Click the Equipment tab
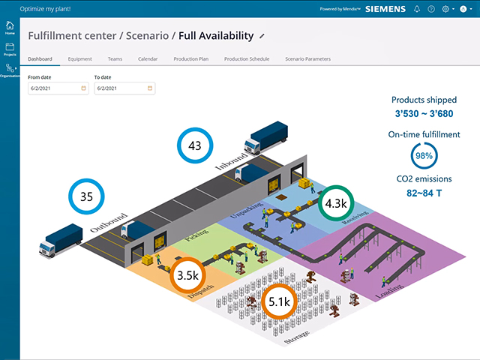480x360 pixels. pyautogui.click(x=79, y=58)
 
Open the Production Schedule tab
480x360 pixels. pyautogui.click(x=246, y=58)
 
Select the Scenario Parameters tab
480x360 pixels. pyautogui.click(x=307, y=58)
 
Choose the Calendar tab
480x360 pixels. pyautogui.click(x=148, y=58)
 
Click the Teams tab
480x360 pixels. pyautogui.click(x=115, y=58)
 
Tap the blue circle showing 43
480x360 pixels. pyautogui.click(x=195, y=145)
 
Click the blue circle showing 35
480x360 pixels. pyautogui.click(x=86, y=197)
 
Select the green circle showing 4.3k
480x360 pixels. pyautogui.click(x=334, y=203)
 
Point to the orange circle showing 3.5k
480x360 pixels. pyautogui.click(x=187, y=275)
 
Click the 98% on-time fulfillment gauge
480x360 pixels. pyautogui.click(x=425, y=156)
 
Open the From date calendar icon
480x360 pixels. pyautogui.click(x=84, y=88)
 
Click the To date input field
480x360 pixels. pyautogui.click(x=120, y=88)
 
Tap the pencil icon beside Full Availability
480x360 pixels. pyautogui.click(x=262, y=35)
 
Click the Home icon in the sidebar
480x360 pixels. pyautogui.click(x=10, y=29)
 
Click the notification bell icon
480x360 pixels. pyautogui.click(x=417, y=9)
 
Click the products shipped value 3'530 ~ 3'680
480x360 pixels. pyautogui.click(x=425, y=114)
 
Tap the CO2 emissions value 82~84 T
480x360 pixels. pyautogui.click(x=425, y=193)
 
